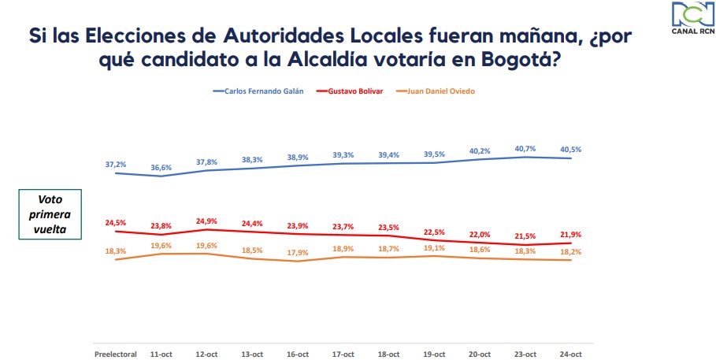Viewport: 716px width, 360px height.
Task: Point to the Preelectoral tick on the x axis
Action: (115, 353)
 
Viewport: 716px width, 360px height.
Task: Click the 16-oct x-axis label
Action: (298, 353)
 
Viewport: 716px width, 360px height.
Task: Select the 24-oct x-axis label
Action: (570, 353)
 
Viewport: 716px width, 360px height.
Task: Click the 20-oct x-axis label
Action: (479, 353)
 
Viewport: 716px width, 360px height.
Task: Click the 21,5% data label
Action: (525, 236)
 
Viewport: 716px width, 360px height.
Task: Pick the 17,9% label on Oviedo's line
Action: (298, 251)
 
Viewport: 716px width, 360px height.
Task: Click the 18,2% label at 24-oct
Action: (570, 251)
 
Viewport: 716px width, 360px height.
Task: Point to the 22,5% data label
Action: (434, 232)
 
